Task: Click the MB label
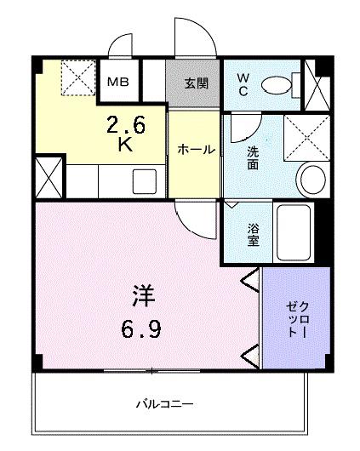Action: click(x=118, y=83)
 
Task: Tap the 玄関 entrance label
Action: click(x=197, y=83)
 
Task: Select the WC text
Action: click(x=243, y=84)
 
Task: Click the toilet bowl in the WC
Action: click(x=277, y=85)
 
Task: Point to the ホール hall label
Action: click(x=197, y=150)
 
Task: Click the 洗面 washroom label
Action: click(x=253, y=158)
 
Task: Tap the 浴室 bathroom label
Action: click(x=254, y=235)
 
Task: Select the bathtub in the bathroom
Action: click(x=294, y=232)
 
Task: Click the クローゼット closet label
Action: click(x=298, y=319)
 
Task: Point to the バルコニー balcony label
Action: click(x=164, y=404)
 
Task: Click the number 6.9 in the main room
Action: click(x=141, y=328)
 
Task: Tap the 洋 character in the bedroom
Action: click(x=144, y=295)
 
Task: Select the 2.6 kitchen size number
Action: click(x=126, y=124)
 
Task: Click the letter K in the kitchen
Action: click(x=126, y=144)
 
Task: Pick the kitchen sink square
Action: click(x=145, y=181)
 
